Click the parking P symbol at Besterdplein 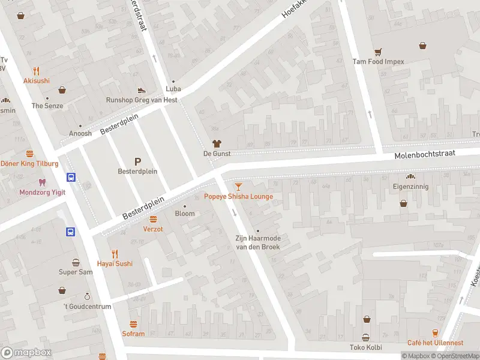tap(137, 161)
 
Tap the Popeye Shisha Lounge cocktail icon tap(239, 187)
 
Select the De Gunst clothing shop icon tap(217, 143)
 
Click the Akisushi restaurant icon tap(37, 71)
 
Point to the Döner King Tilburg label tap(29, 164)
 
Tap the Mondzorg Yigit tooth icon tap(41, 182)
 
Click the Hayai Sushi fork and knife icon tap(115, 253)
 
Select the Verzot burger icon tap(153, 219)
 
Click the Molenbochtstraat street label tap(425, 154)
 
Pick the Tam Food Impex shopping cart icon tap(378, 52)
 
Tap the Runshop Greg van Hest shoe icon tap(142, 90)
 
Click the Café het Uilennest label tap(435, 343)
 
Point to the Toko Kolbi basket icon tap(365, 337)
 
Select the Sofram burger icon tap(133, 324)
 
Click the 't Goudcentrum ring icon tap(87, 296)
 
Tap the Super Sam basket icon tap(76, 262)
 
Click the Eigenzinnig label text tap(410, 187)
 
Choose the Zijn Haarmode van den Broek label tap(257, 242)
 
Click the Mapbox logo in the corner tap(26, 352)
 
